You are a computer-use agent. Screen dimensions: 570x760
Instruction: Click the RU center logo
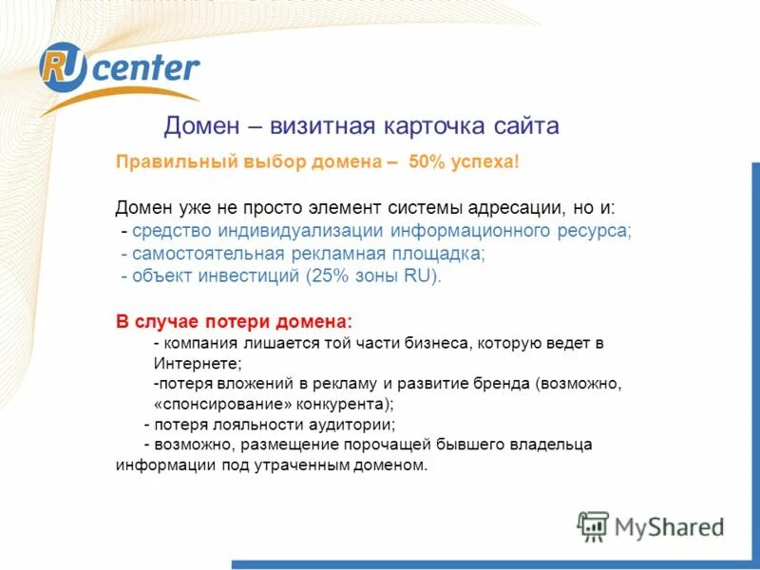pos(119,71)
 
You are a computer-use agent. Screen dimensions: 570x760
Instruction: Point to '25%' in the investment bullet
pos(322,276)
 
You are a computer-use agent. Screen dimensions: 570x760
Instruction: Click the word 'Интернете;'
pos(198,363)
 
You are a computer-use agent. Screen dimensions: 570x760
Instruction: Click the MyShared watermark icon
pos(593,525)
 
